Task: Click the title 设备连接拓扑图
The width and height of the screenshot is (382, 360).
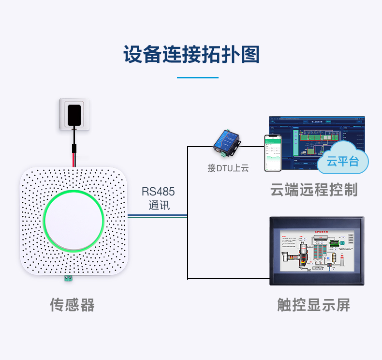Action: coord(191,54)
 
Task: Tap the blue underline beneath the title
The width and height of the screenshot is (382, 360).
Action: coord(197,77)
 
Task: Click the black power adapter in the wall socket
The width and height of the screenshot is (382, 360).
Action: coord(74,114)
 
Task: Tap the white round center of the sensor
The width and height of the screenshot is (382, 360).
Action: coord(73,220)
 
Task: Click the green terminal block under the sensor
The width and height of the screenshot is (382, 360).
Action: coord(68,279)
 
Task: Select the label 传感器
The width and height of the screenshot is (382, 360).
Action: coord(73,305)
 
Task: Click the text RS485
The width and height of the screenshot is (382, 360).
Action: coord(158,191)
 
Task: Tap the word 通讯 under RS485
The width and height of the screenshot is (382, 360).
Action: coord(159,205)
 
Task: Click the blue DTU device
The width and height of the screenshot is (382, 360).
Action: coord(226,141)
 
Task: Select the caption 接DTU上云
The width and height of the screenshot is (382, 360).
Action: coord(228,168)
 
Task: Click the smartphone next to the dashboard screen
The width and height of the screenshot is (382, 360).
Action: coord(272,153)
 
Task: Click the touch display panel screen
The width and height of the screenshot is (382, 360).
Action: coord(317,250)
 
